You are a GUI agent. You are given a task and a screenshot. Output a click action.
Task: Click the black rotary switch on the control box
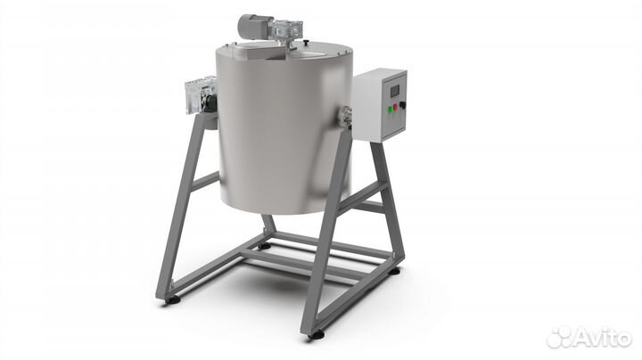click(402, 105)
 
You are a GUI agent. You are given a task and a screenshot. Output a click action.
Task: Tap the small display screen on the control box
click(395, 91)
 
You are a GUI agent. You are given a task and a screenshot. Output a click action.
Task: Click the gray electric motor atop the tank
click(254, 26)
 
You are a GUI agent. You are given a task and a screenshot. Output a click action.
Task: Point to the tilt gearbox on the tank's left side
click(200, 95)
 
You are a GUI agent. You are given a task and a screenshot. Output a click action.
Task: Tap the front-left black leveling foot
click(172, 300)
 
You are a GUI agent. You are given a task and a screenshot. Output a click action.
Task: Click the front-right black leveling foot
click(316, 335)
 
